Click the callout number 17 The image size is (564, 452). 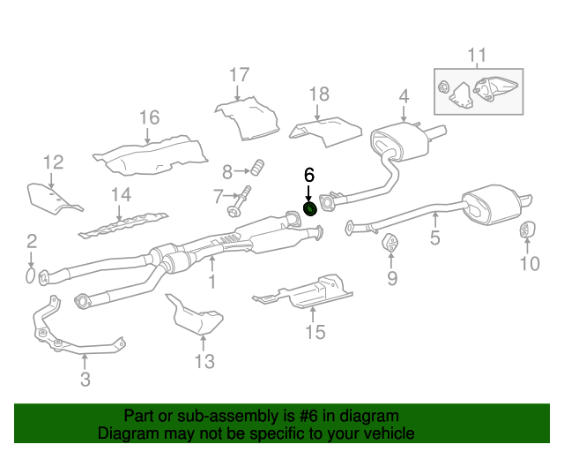click(x=240, y=75)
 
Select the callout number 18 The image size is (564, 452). click(x=318, y=94)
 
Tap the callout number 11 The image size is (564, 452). click(x=477, y=57)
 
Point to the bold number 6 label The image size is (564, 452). click(x=309, y=175)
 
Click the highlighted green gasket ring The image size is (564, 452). click(x=310, y=208)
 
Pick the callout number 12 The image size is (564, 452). click(x=54, y=162)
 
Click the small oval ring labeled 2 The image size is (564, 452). click(x=30, y=277)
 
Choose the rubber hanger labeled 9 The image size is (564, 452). click(x=389, y=243)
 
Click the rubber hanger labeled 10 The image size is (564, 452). click(x=525, y=231)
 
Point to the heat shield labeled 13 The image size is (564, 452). click(x=194, y=317)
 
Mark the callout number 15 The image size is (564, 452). click(x=315, y=332)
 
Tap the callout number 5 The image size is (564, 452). click(x=434, y=237)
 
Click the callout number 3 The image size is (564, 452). click(x=85, y=380)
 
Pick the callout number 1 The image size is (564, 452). click(x=211, y=282)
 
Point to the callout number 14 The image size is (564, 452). click(x=121, y=195)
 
